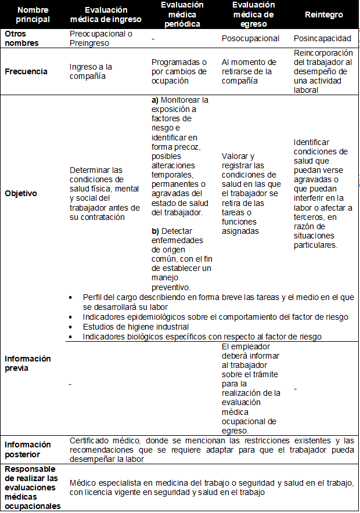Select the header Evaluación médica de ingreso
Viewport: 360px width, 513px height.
click(106, 15)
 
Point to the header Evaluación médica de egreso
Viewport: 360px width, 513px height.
click(253, 15)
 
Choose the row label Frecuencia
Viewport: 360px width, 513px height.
click(26, 71)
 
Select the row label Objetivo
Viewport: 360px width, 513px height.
click(21, 193)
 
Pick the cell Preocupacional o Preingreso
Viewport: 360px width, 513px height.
click(100, 38)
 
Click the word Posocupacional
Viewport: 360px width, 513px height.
click(250, 39)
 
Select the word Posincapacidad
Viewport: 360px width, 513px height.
click(322, 39)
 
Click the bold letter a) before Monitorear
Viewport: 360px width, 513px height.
click(155, 100)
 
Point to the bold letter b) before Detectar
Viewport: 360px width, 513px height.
click(155, 230)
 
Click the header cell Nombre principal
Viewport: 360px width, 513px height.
click(33, 15)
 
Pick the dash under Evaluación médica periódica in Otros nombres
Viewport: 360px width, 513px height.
click(152, 39)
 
